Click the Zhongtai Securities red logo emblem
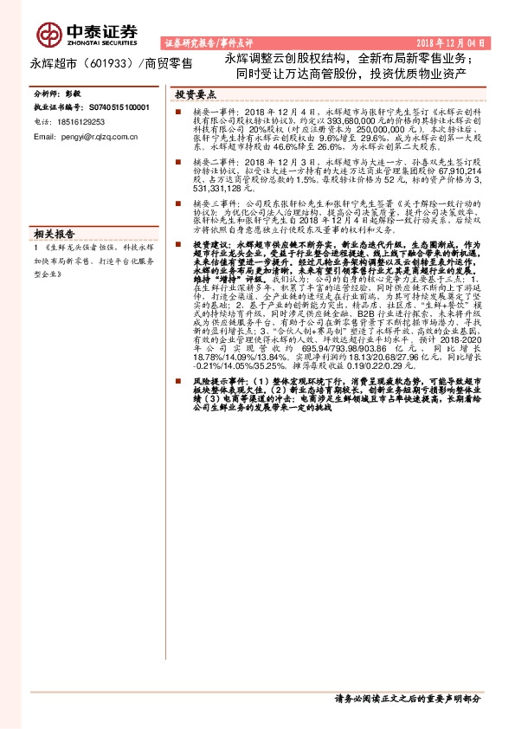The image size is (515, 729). tap(48, 33)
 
